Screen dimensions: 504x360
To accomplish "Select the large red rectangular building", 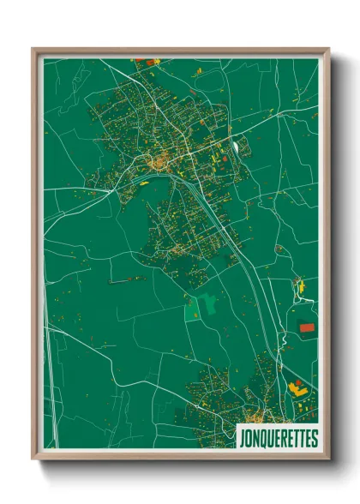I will click(307, 327).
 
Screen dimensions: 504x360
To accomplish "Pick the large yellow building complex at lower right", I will click(301, 390).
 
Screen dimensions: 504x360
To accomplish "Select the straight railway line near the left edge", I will click(50, 386).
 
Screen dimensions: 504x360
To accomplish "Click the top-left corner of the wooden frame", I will click(33, 49).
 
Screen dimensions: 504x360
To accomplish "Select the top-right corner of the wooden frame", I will click(328, 49).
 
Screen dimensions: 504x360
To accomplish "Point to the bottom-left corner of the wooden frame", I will click(33, 459).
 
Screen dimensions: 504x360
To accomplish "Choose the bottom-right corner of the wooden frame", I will click(328, 459).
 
